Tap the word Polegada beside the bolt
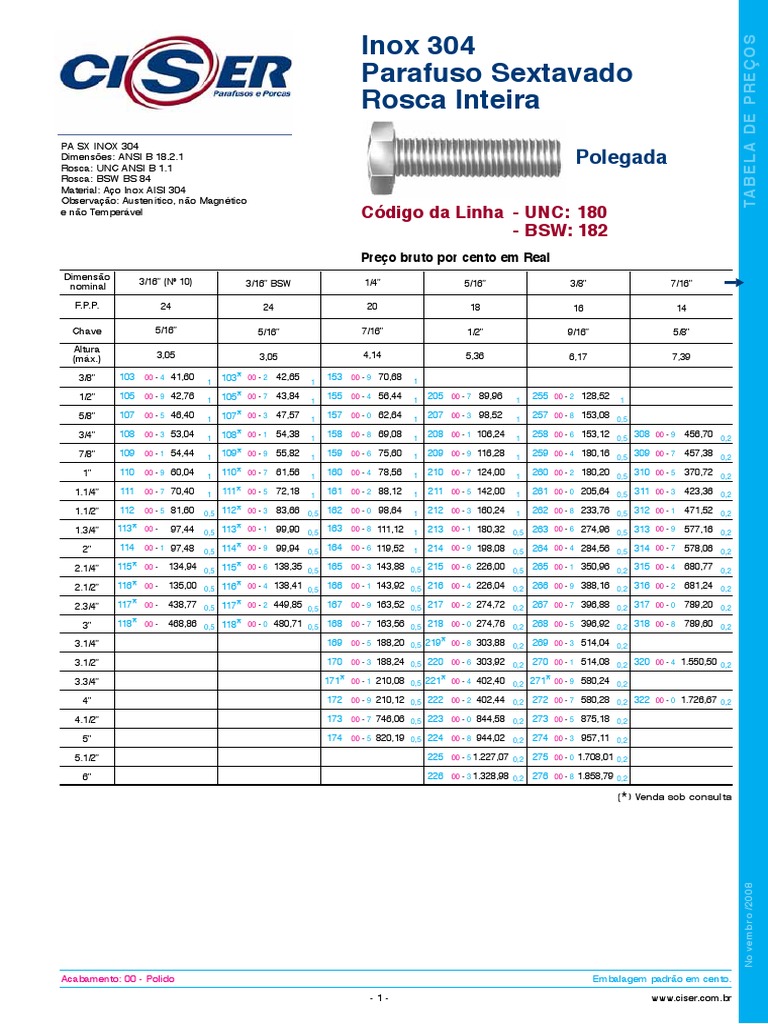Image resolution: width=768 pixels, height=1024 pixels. pyautogui.click(x=621, y=158)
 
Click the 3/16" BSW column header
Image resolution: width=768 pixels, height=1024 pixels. pyautogui.click(x=268, y=283)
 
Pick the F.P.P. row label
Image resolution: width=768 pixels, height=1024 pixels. pyautogui.click(x=88, y=304)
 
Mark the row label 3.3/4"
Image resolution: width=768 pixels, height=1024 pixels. pyautogui.click(x=88, y=681)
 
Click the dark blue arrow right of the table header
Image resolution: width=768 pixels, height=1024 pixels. pyautogui.click(x=734, y=283)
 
